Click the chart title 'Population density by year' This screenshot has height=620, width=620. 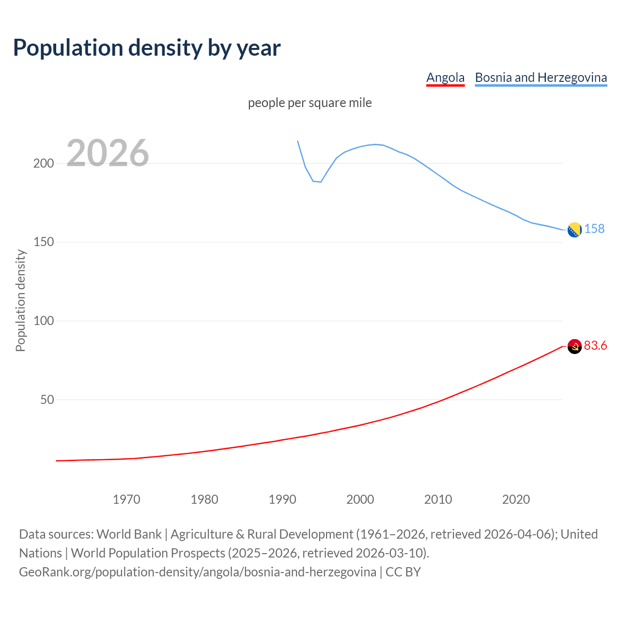(147, 47)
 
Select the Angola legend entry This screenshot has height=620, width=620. (445, 77)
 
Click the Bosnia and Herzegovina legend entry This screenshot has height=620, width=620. (541, 77)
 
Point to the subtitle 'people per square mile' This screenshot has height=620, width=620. (310, 103)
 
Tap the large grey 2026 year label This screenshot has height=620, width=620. (108, 153)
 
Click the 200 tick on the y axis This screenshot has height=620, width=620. (44, 163)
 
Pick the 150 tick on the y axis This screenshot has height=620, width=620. (44, 242)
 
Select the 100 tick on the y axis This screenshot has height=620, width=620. (44, 321)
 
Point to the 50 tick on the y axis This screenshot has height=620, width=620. (47, 400)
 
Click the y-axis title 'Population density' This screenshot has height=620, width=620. (20, 300)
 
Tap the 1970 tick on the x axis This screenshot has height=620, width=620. (126, 499)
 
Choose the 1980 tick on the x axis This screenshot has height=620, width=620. (204, 499)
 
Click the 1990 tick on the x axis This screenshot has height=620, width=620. (282, 499)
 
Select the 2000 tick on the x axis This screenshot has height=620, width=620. (360, 499)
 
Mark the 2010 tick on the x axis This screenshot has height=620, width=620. (438, 499)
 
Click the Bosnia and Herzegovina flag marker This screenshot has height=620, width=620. (574, 230)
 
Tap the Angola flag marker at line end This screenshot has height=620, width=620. (574, 346)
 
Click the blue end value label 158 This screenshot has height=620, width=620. (594, 229)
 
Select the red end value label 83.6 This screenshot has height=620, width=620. (595, 345)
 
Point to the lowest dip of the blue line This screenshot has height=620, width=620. (320, 182)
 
